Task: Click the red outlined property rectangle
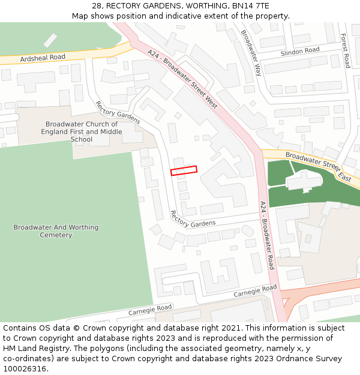184,171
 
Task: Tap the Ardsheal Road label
43,58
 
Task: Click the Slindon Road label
300,51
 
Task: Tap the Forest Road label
345,50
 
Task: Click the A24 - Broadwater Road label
268,235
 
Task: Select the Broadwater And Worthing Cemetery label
56,231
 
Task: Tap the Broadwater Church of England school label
82,132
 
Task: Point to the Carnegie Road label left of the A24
255,291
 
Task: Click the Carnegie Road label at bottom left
150,310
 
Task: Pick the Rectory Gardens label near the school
118,112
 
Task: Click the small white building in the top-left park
50,40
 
